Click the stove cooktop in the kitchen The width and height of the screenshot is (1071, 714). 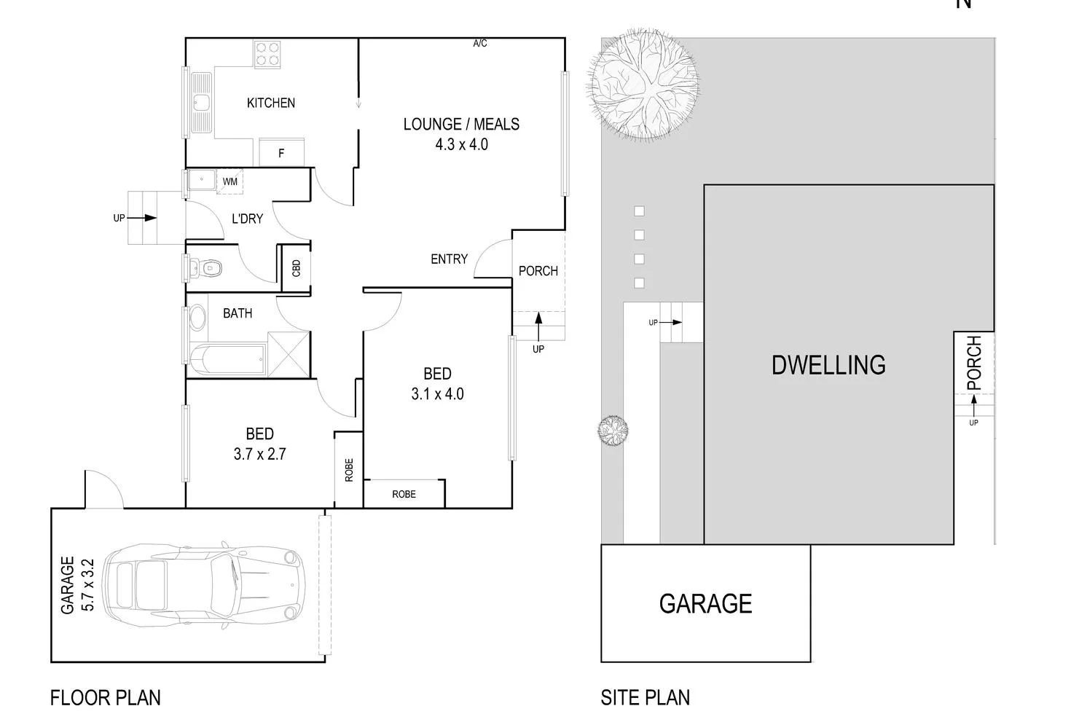[267, 55]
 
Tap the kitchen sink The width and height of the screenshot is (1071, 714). [200, 102]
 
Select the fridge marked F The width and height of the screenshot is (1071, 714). [281, 153]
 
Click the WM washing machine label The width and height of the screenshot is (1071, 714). [229, 181]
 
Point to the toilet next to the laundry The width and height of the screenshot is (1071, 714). [208, 268]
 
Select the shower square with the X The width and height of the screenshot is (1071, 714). [289, 354]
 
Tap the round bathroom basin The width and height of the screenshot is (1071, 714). [197, 318]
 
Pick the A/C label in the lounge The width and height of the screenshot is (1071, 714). [480, 44]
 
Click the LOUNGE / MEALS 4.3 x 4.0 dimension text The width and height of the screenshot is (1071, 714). [461, 144]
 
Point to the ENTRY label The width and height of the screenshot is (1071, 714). [449, 259]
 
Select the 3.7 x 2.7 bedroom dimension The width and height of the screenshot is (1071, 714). [259, 454]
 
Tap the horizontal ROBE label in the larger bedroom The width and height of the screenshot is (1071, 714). [404, 495]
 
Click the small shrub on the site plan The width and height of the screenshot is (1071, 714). [613, 430]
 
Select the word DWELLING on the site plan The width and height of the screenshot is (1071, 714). [828, 365]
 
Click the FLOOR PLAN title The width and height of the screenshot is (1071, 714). [106, 698]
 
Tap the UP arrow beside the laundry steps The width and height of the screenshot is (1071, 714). [146, 218]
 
